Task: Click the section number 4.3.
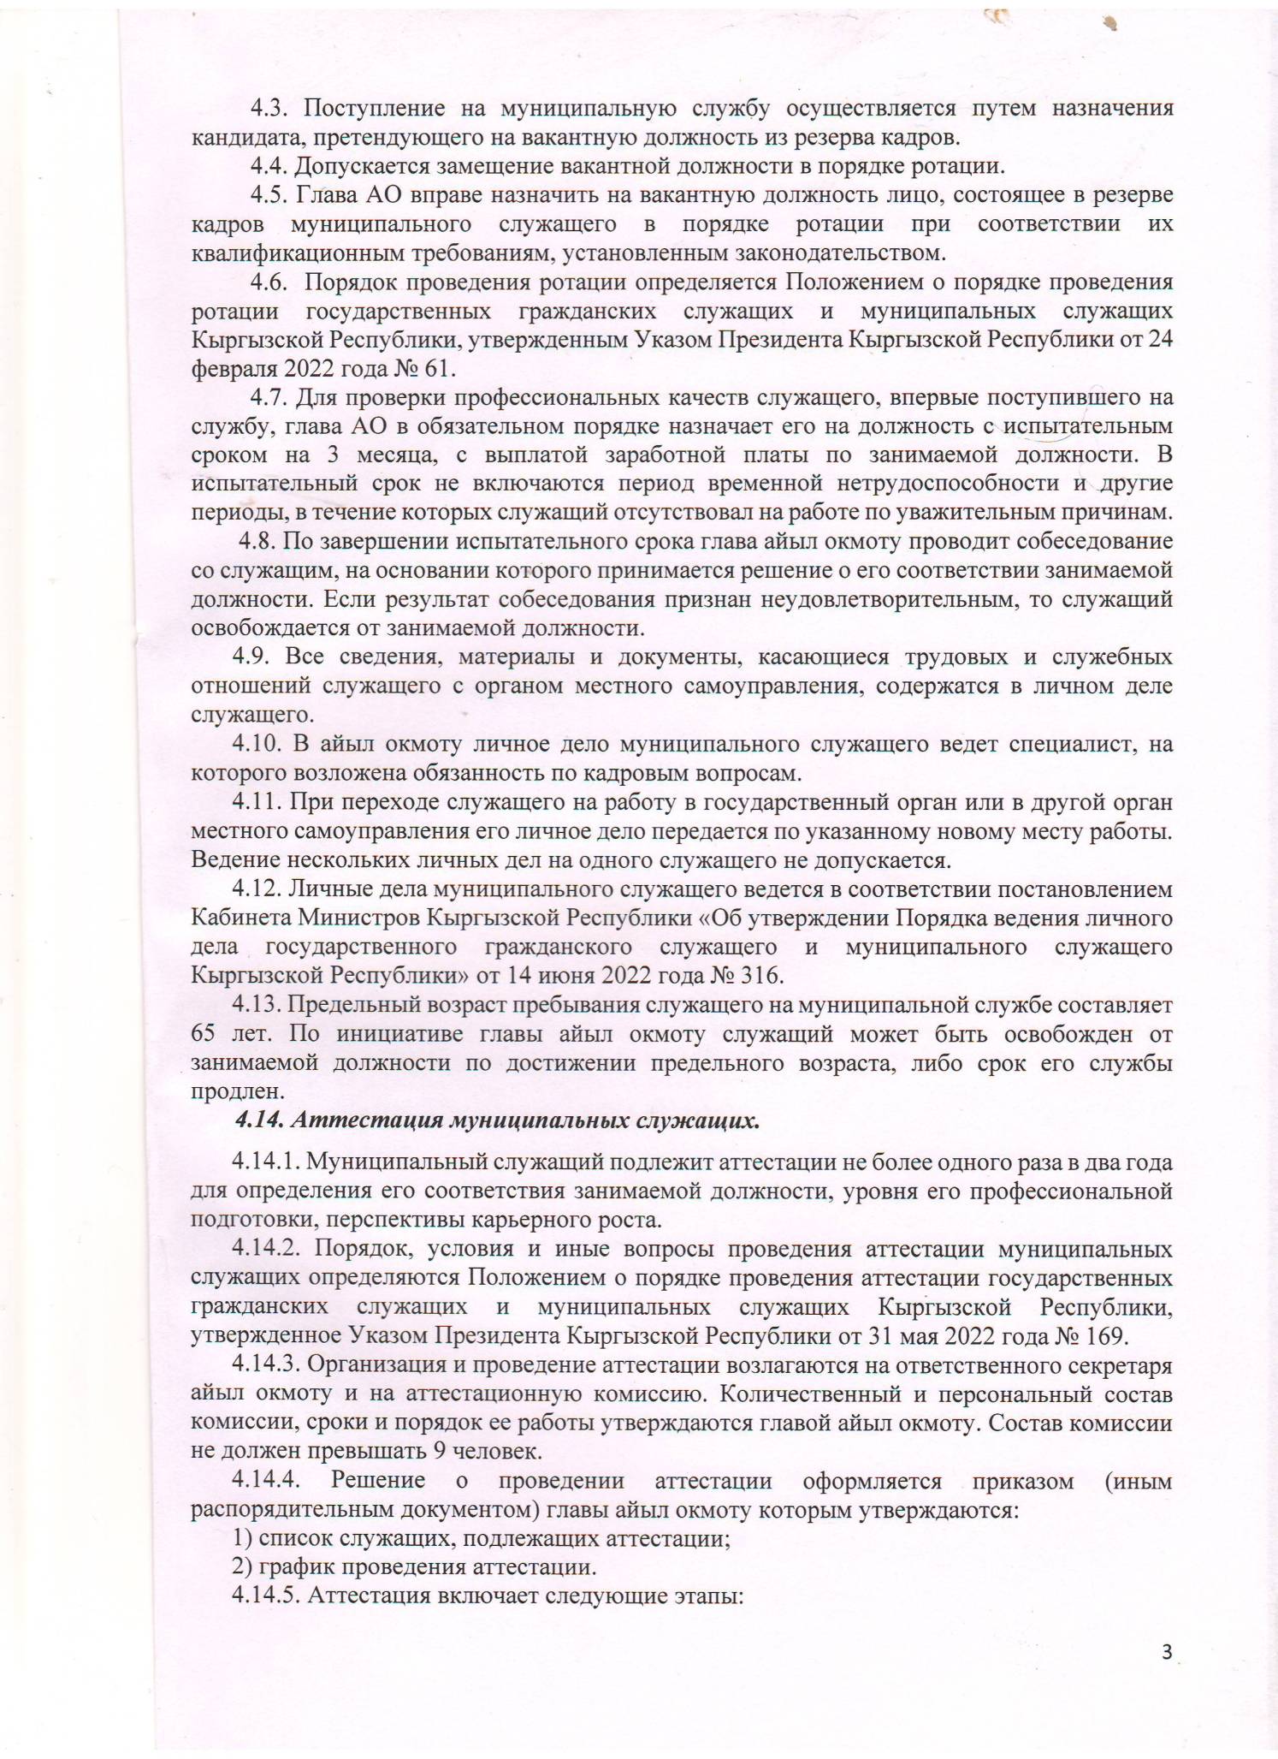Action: [271, 109]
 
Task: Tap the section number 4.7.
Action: [271, 398]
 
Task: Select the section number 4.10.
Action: [260, 745]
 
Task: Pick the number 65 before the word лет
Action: [203, 1034]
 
